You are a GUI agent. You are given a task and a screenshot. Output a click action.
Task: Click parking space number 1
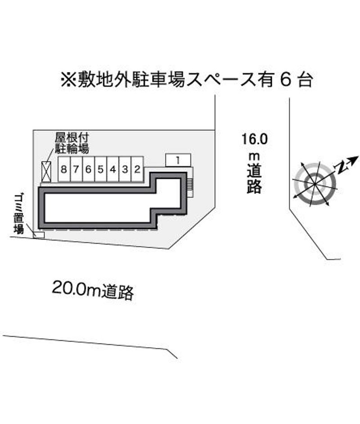click(x=178, y=160)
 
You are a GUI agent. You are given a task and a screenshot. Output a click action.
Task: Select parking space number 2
click(x=137, y=169)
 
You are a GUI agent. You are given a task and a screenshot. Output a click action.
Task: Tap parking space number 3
click(x=125, y=169)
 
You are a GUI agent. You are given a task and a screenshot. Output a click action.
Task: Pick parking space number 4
click(x=113, y=169)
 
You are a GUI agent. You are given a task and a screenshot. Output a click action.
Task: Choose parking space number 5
click(x=101, y=169)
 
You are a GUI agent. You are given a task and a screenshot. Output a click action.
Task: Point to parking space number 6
click(x=89, y=169)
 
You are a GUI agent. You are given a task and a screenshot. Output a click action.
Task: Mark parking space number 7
click(x=76, y=169)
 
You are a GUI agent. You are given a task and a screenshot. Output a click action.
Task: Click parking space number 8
click(x=64, y=169)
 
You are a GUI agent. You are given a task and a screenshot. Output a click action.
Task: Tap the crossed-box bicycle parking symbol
click(x=46, y=171)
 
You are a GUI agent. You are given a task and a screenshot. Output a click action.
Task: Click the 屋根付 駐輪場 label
click(x=72, y=143)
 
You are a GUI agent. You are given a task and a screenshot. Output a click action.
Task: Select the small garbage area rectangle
click(x=38, y=235)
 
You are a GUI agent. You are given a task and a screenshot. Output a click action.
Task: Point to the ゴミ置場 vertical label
click(x=18, y=214)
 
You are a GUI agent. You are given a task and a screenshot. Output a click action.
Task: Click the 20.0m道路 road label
click(x=93, y=290)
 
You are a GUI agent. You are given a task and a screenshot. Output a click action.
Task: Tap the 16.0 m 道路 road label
click(x=254, y=163)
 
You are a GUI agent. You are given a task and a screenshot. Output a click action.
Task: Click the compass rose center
click(x=315, y=184)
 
